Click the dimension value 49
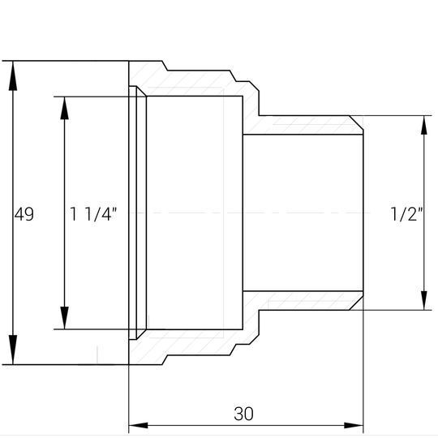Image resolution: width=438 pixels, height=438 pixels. [24, 214]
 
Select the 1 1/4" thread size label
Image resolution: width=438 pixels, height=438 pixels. [93, 214]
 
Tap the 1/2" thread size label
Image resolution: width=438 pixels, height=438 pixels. [406, 214]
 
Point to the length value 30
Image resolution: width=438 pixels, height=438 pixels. [243, 414]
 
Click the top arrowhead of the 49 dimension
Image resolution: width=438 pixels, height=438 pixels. [13, 75]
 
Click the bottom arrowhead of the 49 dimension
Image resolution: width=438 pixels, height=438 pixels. [13, 350]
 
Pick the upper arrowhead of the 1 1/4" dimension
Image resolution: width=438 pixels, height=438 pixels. [65, 108]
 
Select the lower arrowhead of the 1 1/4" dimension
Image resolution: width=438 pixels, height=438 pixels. [65, 318]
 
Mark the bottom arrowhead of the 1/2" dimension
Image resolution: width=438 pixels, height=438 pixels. [424, 298]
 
